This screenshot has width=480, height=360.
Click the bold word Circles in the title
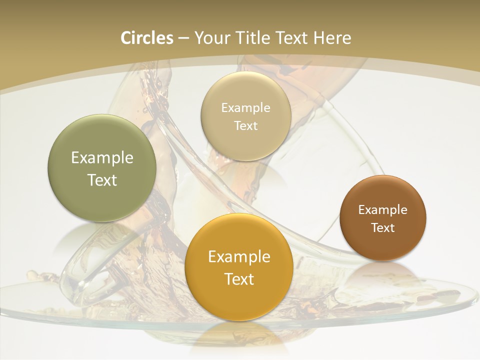(147, 38)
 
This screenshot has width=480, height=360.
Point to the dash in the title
(183, 38)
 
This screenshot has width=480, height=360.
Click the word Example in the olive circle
(102, 158)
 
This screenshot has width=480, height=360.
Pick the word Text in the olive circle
(102, 180)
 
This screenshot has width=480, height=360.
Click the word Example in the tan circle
(245, 108)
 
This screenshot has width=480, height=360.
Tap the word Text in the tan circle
(245, 126)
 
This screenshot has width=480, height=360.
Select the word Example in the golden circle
(239, 257)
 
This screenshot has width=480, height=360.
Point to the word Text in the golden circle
(239, 279)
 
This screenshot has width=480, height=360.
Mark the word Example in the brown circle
(383, 210)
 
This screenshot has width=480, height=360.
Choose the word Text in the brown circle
(383, 228)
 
